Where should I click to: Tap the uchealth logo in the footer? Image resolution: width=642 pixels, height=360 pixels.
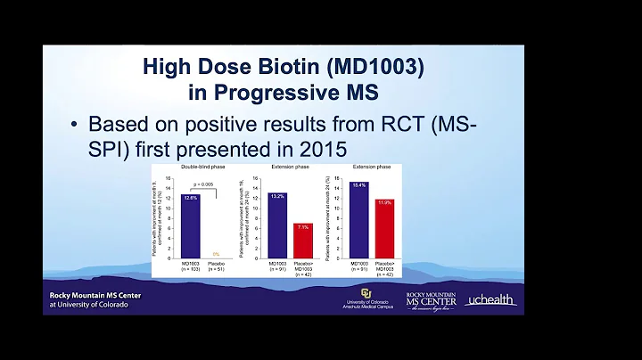pos(491,301)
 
